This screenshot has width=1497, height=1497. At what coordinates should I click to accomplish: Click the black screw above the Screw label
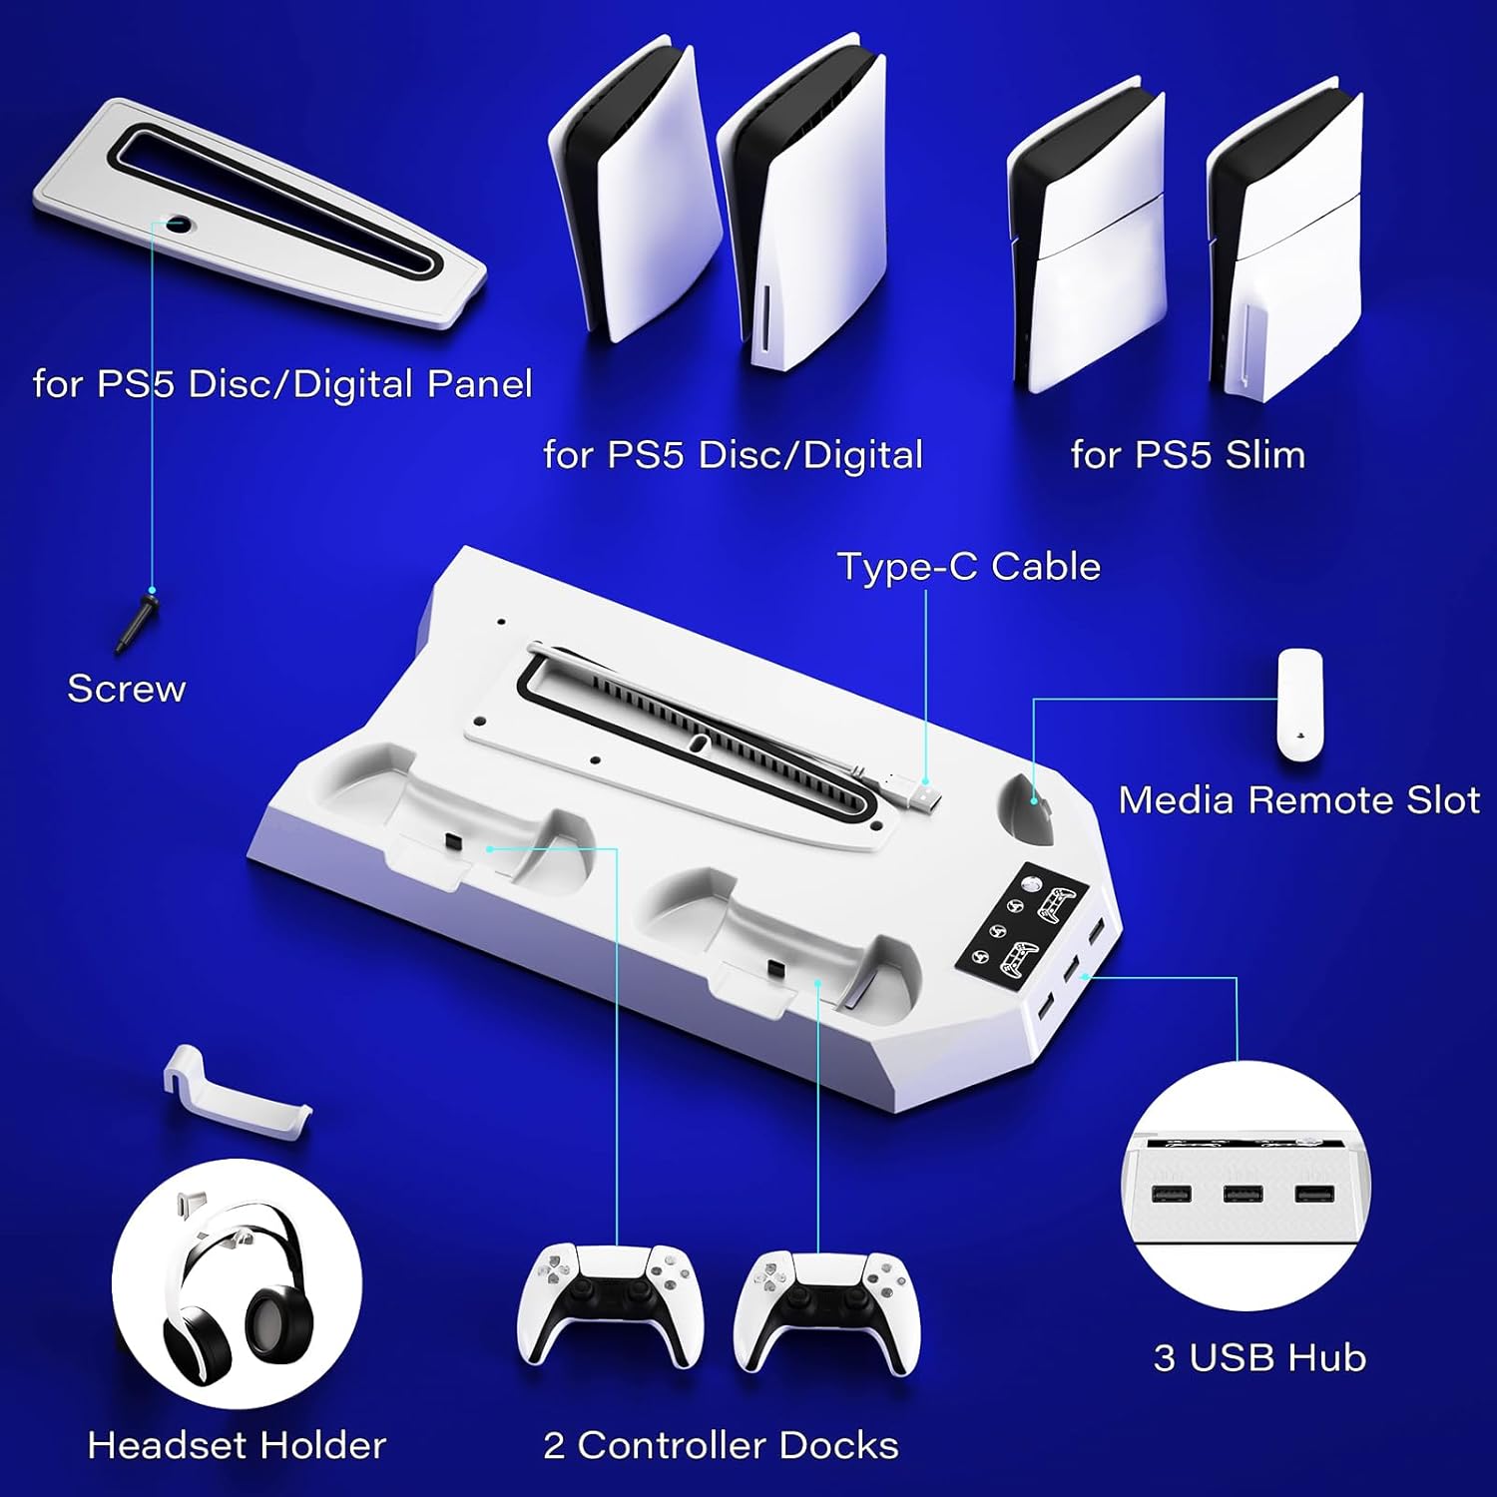(x=137, y=624)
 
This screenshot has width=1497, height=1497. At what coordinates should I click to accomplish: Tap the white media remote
(x=1299, y=707)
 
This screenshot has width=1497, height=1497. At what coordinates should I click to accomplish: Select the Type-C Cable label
(x=969, y=567)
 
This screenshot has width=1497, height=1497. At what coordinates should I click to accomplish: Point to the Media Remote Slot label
(x=1298, y=800)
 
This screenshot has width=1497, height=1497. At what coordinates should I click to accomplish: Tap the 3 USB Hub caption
(x=1259, y=1358)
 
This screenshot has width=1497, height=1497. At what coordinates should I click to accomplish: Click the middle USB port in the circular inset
(x=1243, y=1194)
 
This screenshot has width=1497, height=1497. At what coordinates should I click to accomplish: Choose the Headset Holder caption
(x=237, y=1445)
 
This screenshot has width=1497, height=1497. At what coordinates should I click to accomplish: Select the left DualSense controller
(x=610, y=1305)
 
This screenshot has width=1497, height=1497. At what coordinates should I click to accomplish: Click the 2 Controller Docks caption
(x=721, y=1445)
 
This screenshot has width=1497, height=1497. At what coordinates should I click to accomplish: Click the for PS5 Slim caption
(x=1188, y=455)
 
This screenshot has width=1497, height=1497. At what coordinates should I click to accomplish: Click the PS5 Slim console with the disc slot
(x=1284, y=240)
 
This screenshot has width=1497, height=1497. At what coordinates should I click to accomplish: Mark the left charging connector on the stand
(x=451, y=844)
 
